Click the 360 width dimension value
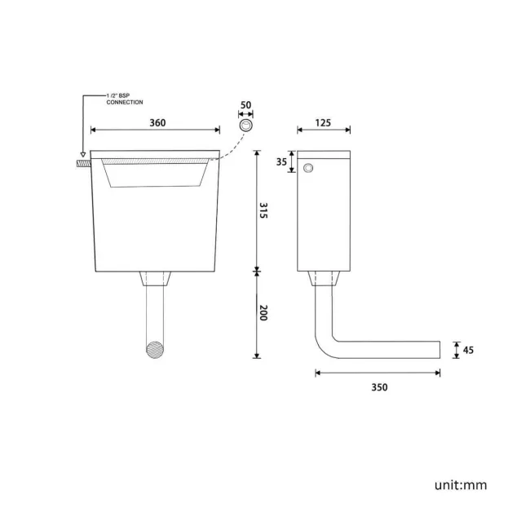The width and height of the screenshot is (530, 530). click(x=157, y=122)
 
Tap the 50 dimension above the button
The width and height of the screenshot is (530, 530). click(x=245, y=105)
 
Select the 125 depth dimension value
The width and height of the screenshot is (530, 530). click(x=323, y=122)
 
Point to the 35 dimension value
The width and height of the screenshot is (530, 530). click(x=281, y=162)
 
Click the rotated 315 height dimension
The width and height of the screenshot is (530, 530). click(x=263, y=210)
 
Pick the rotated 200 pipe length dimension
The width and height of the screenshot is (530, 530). click(x=263, y=312)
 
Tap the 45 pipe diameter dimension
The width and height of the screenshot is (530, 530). click(x=468, y=350)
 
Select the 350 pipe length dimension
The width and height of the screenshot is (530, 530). click(x=380, y=387)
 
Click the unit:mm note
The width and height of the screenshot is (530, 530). click(x=461, y=485)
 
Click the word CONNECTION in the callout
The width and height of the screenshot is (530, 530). click(x=125, y=102)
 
